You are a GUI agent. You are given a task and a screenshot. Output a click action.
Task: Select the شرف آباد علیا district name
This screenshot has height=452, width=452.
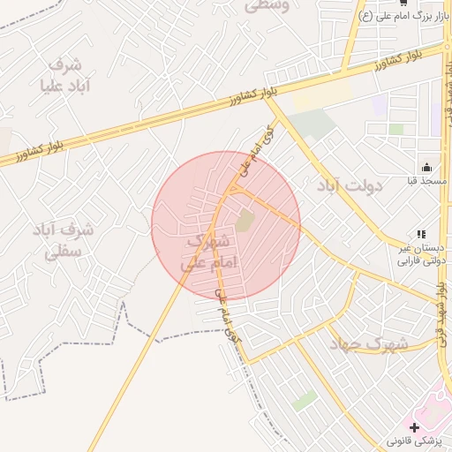(64, 76)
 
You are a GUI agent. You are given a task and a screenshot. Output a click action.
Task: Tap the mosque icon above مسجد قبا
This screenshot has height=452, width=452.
(426, 167)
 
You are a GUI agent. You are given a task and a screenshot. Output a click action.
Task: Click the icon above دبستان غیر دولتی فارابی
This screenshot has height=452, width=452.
(420, 234)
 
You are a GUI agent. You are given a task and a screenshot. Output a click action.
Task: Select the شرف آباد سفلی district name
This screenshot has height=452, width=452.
(64, 240)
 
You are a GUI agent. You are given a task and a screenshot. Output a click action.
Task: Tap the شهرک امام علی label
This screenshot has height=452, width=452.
(207, 252)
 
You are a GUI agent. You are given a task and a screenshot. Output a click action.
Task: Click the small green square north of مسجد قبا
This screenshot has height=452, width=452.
(396, 129)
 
